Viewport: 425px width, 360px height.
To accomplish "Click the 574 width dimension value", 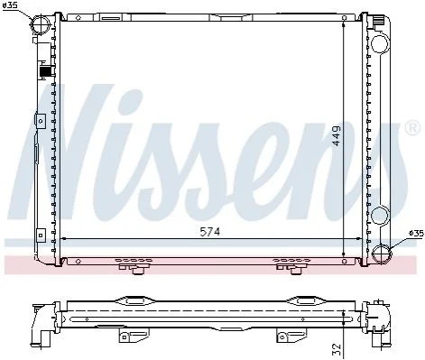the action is coord(210,232).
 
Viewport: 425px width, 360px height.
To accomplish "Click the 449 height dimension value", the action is coord(337,135).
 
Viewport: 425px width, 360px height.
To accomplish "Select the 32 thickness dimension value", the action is coord(337,349).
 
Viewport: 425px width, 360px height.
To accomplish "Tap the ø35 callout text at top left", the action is coord(10,5).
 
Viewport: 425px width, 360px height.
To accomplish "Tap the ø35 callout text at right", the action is coord(416,233).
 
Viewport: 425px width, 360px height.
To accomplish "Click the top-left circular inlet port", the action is coord(42,24).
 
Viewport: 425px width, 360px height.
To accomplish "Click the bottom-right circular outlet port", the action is coord(382,254).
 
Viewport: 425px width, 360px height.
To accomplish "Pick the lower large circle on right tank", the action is coord(380,216).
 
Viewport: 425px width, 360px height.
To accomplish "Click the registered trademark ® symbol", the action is coord(412,128).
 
